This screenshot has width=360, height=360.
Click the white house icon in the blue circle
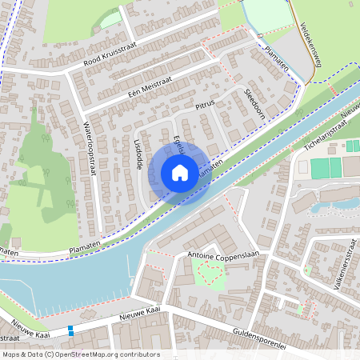tap(180, 173)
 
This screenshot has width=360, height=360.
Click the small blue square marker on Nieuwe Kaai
tap(70, 330)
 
